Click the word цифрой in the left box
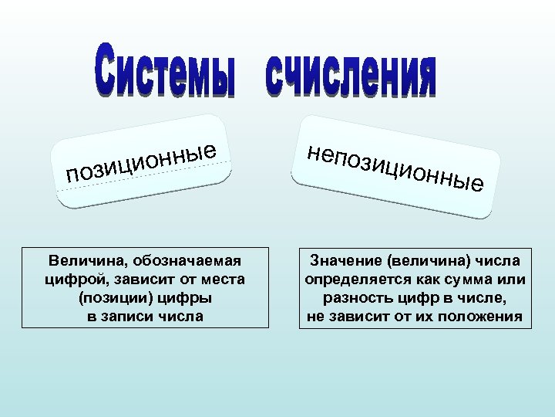76,279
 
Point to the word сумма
466,279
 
